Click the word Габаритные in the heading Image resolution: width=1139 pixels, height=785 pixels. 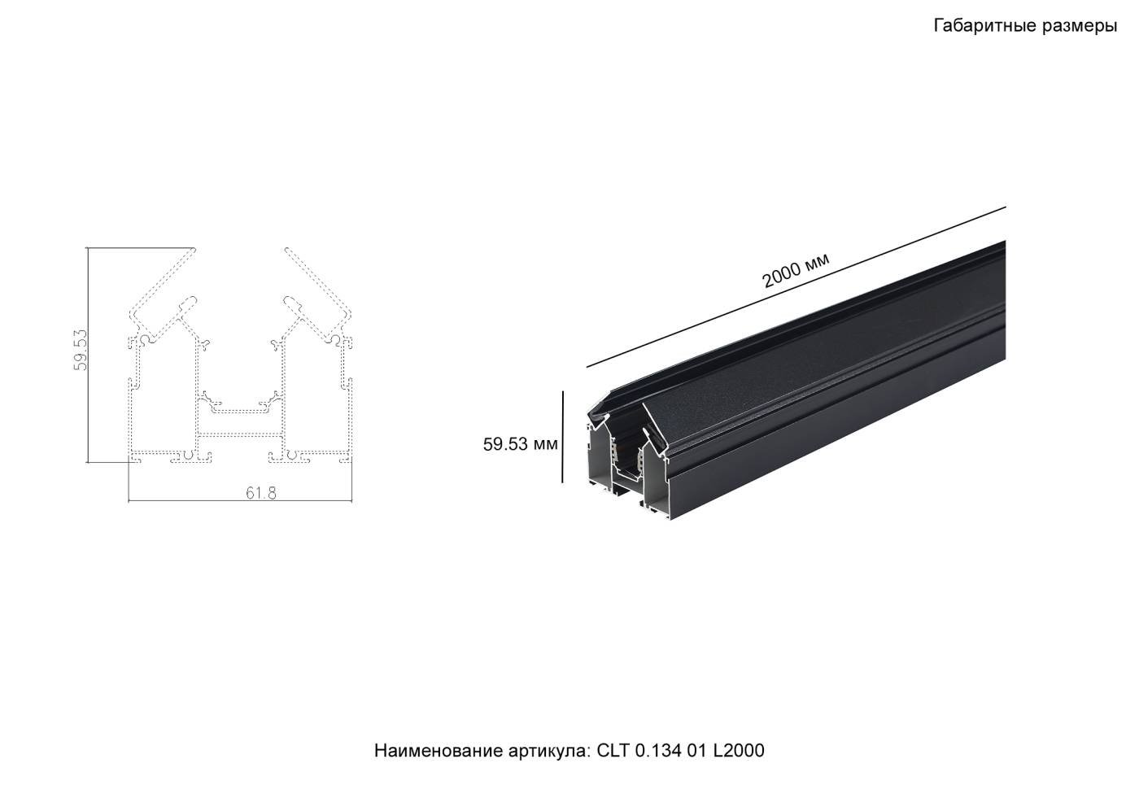point(984,26)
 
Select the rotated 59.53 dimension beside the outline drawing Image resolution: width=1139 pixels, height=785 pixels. point(81,350)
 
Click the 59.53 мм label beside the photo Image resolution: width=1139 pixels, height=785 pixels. point(520,444)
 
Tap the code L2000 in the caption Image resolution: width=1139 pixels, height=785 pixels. point(739,750)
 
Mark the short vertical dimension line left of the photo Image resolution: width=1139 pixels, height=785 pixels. point(562,437)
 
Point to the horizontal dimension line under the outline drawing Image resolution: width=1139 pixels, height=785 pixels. point(240,501)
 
